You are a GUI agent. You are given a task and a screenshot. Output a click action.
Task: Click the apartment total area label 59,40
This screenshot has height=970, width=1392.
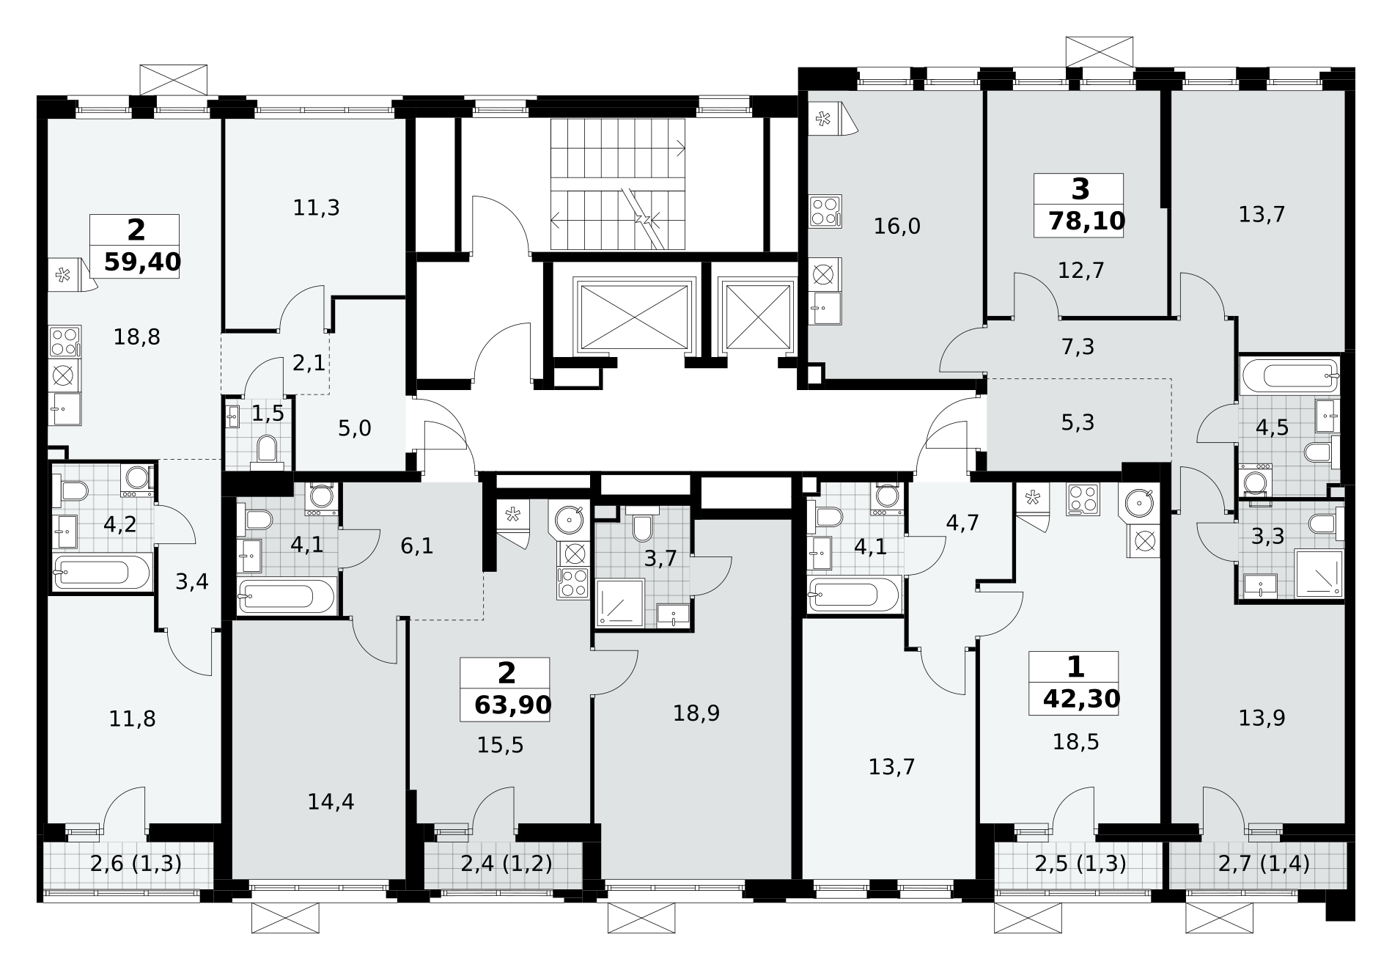pyautogui.click(x=142, y=262)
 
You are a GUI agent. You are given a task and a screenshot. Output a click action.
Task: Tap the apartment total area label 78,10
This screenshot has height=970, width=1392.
pyautogui.click(x=1086, y=221)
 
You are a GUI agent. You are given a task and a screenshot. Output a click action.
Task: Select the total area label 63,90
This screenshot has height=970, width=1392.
pyautogui.click(x=512, y=705)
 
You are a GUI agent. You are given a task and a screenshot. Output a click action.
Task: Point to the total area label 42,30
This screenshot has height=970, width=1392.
pyautogui.click(x=1082, y=699)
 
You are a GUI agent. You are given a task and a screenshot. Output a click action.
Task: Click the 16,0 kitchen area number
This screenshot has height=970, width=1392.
pyautogui.click(x=897, y=227)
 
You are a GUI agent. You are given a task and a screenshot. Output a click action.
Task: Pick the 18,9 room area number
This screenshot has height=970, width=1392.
pyautogui.click(x=696, y=713)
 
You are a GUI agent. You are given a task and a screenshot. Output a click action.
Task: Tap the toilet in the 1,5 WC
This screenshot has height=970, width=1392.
pyautogui.click(x=266, y=450)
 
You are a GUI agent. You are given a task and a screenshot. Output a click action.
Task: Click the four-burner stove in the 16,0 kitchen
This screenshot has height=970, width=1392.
pyautogui.click(x=825, y=210)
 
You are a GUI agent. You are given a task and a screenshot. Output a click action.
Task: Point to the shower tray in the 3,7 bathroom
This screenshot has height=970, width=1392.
pyautogui.click(x=620, y=603)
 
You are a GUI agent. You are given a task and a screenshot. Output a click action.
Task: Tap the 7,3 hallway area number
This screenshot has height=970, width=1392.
pyautogui.click(x=1078, y=347)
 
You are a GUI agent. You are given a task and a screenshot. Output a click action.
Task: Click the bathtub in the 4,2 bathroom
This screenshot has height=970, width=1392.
pyautogui.click(x=103, y=569)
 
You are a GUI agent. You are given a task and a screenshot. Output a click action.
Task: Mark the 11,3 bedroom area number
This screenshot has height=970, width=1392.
pyautogui.click(x=316, y=208)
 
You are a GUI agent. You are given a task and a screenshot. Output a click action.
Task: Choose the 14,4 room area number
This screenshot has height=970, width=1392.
pyautogui.click(x=331, y=801)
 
